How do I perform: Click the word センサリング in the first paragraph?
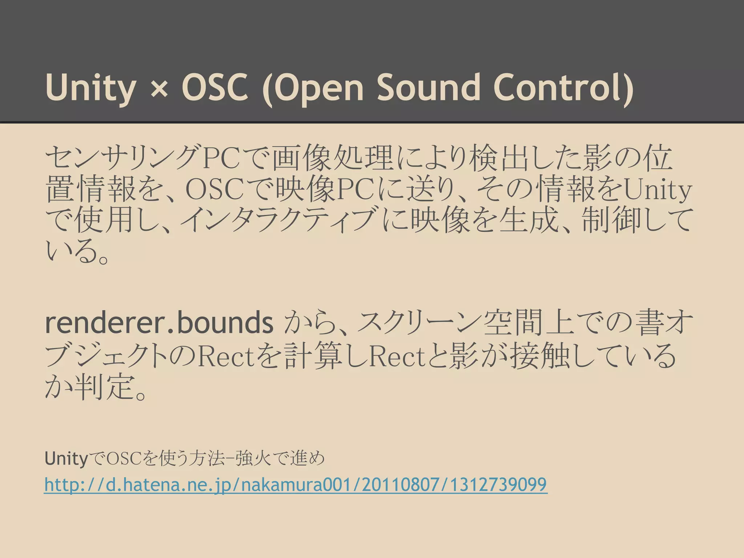[124, 158]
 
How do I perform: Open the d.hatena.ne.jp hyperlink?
[295, 485]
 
